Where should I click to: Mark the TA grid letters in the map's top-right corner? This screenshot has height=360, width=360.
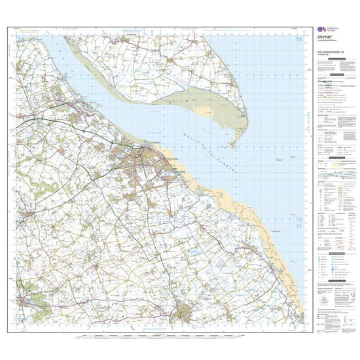coord(299,41)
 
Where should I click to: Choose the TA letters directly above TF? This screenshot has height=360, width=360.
coord(299,218)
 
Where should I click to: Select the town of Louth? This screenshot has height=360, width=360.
coord(190,311)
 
